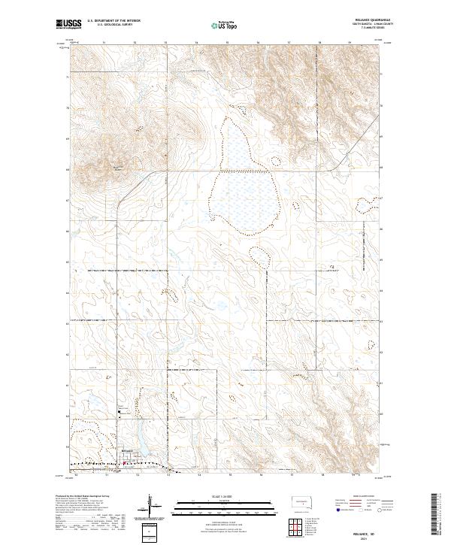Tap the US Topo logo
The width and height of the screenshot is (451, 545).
point(225,25)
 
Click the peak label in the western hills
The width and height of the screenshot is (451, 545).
point(118,167)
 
